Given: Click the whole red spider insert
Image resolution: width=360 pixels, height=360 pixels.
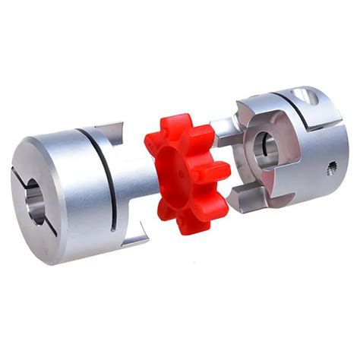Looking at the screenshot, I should click(x=184, y=173).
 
